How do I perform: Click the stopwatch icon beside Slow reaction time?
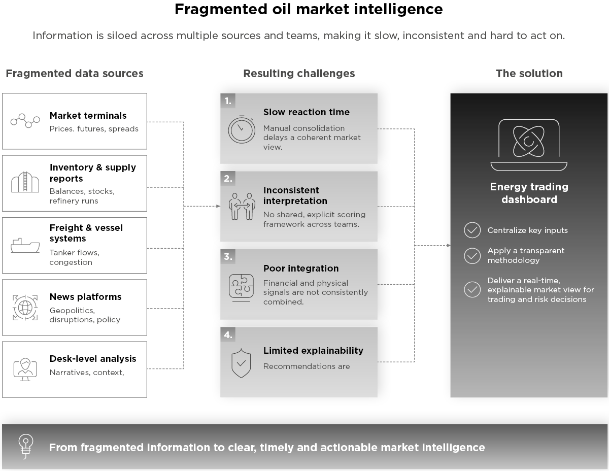pos(241,129)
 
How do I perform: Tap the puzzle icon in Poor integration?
pos(241,287)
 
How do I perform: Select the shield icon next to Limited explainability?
pos(241,363)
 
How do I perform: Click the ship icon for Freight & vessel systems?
pos(25,246)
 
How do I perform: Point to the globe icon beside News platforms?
pos(25,308)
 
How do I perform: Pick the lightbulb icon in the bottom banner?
pos(26,447)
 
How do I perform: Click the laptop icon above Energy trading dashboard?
pos(529,145)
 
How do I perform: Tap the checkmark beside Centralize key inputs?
pos(472,230)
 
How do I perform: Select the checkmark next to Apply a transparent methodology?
pos(472,255)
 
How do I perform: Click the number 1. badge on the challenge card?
pos(228,101)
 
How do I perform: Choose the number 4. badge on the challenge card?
pos(228,335)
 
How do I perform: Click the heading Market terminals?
pos(88,115)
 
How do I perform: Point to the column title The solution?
pos(529,74)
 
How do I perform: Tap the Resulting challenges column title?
pos(299,74)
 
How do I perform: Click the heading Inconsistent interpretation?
pos(295,195)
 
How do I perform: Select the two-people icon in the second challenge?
pos(242,206)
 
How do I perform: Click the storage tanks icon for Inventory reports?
pos(25,182)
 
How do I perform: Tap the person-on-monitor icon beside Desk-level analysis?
pos(25,369)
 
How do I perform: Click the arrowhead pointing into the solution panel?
pos(449,246)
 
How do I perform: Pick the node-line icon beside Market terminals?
pos(25,121)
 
